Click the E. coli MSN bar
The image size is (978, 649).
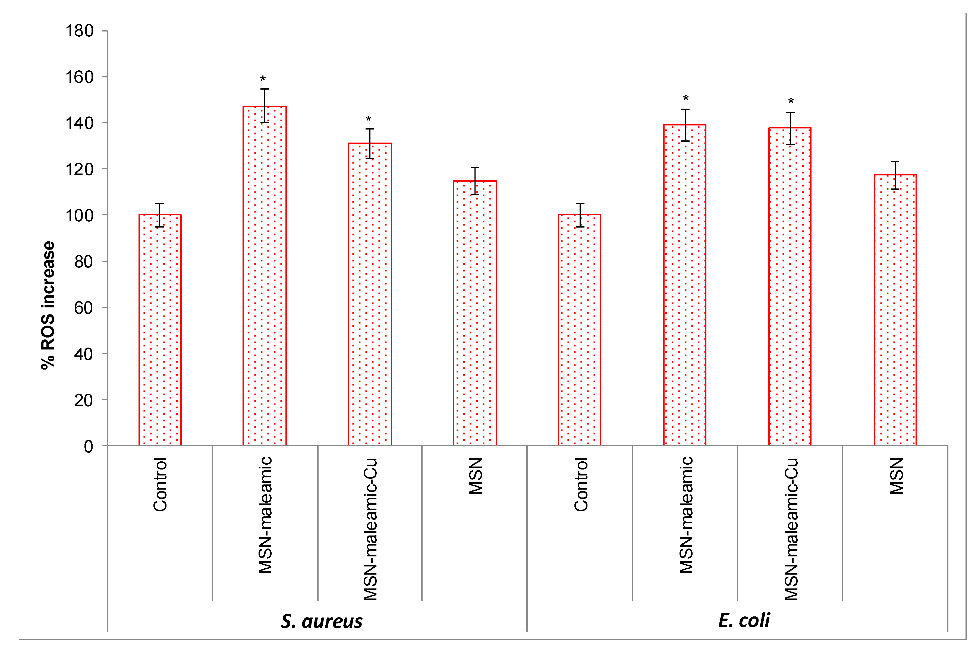pos(895,310)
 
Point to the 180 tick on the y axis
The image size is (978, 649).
pos(80,31)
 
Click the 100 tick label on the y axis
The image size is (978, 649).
pos(80,215)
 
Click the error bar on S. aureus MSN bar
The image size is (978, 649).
pos(475,181)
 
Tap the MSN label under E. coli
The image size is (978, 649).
pos(897,476)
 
